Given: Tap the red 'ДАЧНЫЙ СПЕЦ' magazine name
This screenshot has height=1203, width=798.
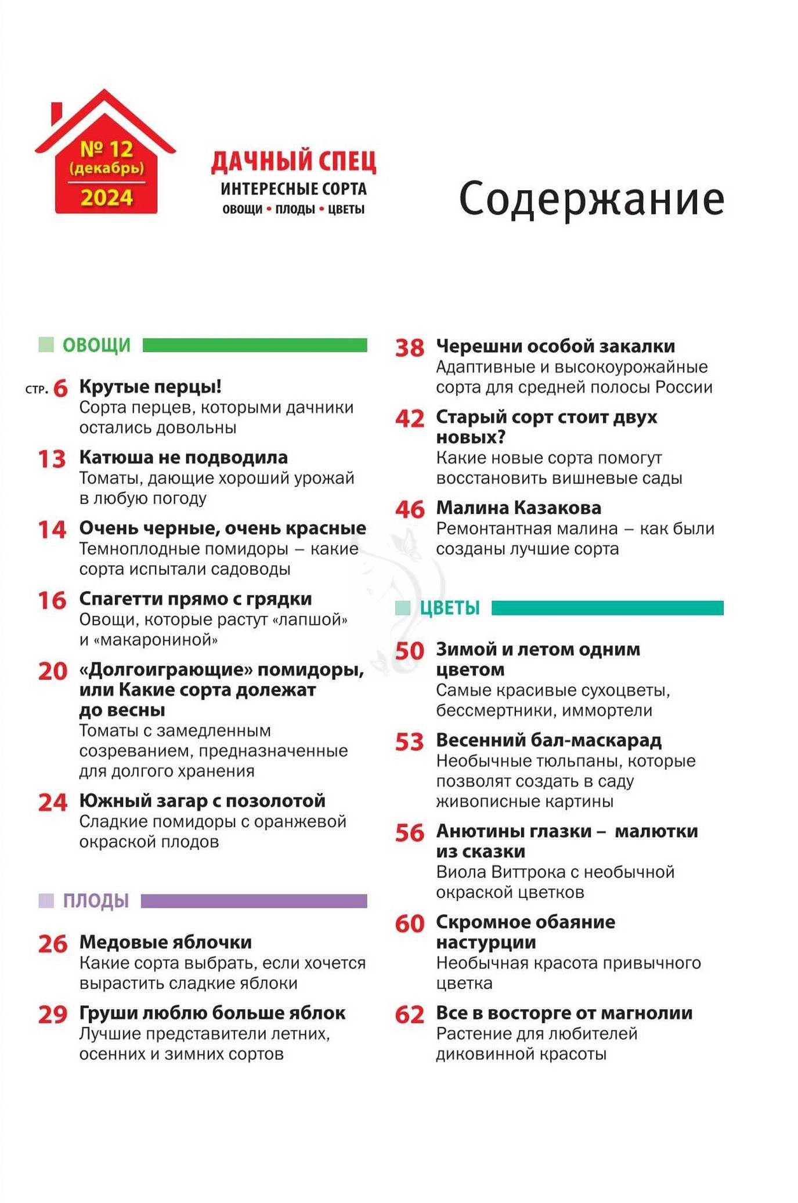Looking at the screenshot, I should coord(293,162).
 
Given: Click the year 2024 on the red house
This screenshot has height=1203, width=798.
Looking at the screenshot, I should coord(107,198).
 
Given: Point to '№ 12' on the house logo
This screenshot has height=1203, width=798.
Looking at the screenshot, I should coord(107,149).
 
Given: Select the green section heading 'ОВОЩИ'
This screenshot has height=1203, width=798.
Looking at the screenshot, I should coord(96,345).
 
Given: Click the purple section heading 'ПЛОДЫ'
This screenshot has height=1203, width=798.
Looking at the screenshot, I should coord(96,901).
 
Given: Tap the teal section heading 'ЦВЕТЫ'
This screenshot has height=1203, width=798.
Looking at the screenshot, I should coord(450,608).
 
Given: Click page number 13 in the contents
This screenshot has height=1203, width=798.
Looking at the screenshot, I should coord(52,459).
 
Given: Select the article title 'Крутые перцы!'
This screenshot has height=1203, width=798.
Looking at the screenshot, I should coord(150,386).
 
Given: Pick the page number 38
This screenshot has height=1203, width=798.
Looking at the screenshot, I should coord(410,348).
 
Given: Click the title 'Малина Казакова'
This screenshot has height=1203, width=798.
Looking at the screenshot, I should coord(518,508).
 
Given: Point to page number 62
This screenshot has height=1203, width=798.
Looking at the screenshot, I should coord(410,1014).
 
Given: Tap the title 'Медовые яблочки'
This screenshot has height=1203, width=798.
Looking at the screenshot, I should coord(165,942).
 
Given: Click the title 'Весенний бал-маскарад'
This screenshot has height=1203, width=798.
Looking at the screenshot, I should coord(548,740).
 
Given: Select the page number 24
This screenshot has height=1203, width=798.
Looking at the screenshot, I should coord(53,802).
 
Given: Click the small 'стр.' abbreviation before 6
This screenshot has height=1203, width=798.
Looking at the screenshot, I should coord(36,390).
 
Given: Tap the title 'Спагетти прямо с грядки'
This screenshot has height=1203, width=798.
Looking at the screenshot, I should coord(196,599).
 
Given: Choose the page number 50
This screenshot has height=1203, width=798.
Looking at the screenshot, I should coord(410,651).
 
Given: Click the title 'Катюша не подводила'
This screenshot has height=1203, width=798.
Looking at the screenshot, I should coord(183,457).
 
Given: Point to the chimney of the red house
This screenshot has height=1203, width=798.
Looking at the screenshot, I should coord(56,112).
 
